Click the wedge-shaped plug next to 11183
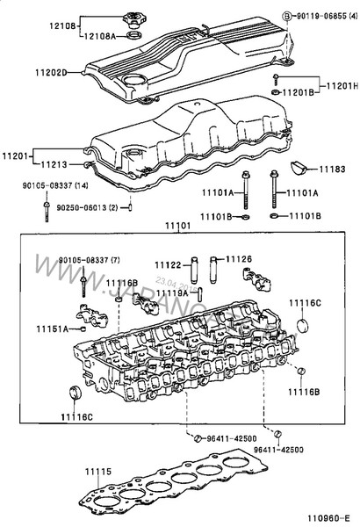tap(297, 166)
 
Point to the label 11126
tap(238, 259)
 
